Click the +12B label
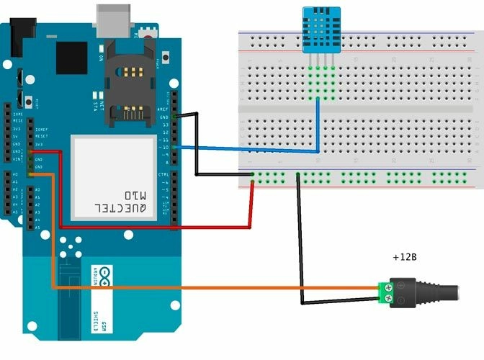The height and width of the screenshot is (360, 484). [405, 257]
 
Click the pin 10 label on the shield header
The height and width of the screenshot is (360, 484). [165, 148]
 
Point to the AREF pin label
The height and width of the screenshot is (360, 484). [163, 109]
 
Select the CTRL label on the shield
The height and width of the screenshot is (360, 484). [163, 174]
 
